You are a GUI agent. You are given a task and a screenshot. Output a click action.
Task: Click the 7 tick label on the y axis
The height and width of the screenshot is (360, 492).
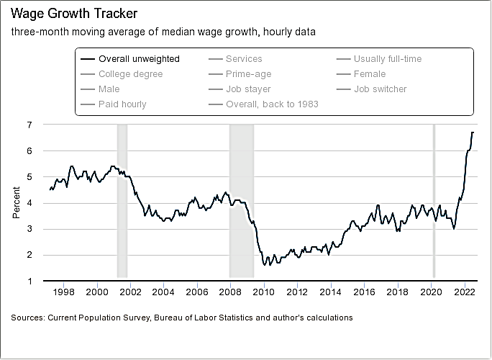click(29, 125)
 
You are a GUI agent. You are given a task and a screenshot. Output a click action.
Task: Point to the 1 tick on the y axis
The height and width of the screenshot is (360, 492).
click(29, 281)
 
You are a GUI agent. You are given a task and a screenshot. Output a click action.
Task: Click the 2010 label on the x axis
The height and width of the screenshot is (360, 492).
click(264, 292)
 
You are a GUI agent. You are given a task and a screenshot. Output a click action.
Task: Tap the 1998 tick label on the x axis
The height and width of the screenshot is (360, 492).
click(64, 292)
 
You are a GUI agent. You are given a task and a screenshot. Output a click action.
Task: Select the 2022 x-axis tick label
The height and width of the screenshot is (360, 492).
click(464, 292)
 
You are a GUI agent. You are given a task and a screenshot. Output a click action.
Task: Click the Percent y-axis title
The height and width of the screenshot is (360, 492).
click(17, 202)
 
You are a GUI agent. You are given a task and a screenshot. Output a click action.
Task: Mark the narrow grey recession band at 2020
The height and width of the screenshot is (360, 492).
click(434, 202)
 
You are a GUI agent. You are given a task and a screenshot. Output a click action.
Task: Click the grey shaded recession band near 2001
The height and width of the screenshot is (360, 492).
click(122, 202)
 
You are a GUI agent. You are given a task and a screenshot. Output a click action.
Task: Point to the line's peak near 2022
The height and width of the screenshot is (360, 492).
click(473, 132)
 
